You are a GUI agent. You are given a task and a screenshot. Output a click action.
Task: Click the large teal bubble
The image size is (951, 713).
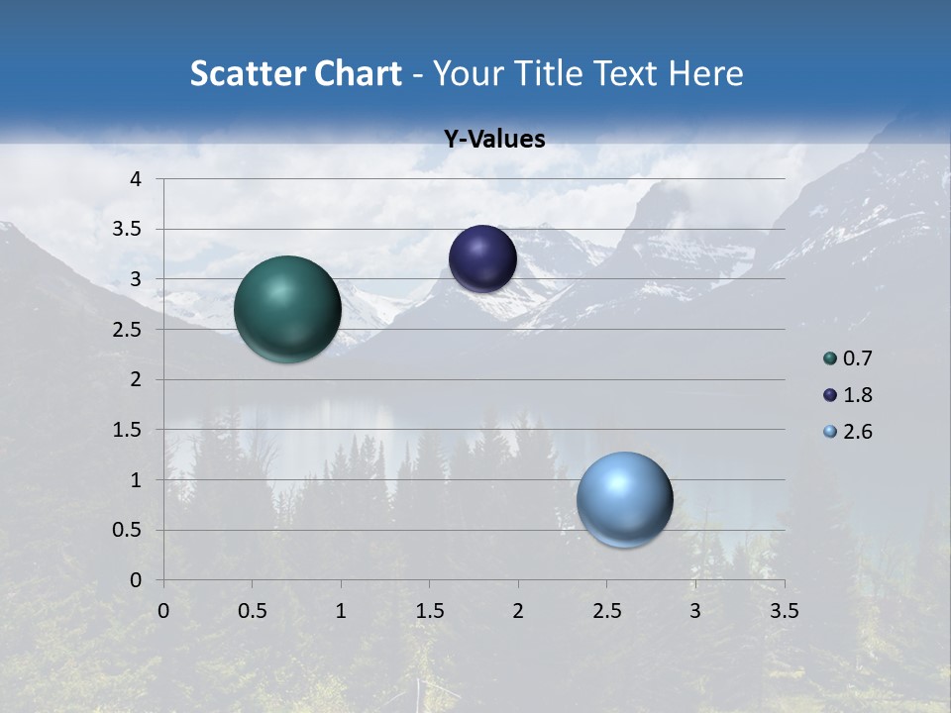[287, 309]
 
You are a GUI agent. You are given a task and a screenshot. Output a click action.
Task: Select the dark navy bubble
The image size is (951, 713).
[482, 258]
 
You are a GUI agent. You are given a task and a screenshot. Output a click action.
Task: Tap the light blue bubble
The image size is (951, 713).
[624, 499]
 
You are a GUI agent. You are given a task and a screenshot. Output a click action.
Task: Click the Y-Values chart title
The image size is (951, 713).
[494, 140]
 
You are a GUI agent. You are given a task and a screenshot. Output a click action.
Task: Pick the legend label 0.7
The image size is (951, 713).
[857, 358]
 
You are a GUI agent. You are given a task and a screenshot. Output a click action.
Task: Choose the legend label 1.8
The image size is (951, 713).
[857, 395]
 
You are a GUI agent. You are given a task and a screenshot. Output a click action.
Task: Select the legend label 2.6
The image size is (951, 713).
[857, 432]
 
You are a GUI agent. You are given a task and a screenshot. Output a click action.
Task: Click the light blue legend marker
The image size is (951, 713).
[830, 432]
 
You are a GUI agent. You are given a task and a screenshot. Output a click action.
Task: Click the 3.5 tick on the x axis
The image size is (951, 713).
[784, 611]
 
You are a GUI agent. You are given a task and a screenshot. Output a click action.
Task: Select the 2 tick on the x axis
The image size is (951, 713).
[518, 611]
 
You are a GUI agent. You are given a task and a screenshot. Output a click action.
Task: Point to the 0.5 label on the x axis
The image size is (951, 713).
[252, 611]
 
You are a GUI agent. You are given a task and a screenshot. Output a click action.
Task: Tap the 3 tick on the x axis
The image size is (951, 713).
[695, 611]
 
